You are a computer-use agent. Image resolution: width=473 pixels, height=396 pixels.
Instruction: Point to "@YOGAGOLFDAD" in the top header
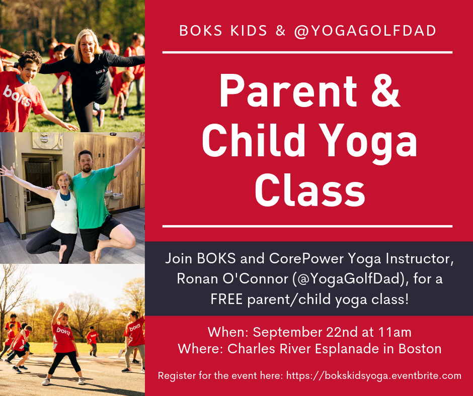coord(366,30)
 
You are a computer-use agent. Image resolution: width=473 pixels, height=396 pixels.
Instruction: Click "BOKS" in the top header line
coord(200,30)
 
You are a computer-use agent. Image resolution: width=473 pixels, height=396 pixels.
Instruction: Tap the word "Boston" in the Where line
coord(417,349)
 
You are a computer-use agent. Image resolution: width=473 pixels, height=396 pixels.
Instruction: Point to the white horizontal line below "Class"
coord(307,226)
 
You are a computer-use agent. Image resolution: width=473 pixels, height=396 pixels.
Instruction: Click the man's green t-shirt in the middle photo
coord(96,193)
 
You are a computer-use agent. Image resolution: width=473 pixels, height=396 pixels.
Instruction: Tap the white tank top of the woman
coord(65,211)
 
